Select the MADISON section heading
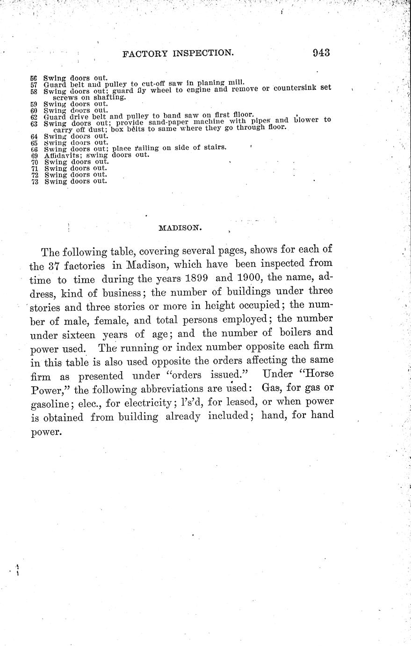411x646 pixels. pyautogui.click(x=180, y=228)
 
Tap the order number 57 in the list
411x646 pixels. pyautogui.click(x=34, y=84)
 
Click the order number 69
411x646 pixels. pyautogui.click(x=34, y=155)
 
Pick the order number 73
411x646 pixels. pyautogui.click(x=34, y=181)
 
